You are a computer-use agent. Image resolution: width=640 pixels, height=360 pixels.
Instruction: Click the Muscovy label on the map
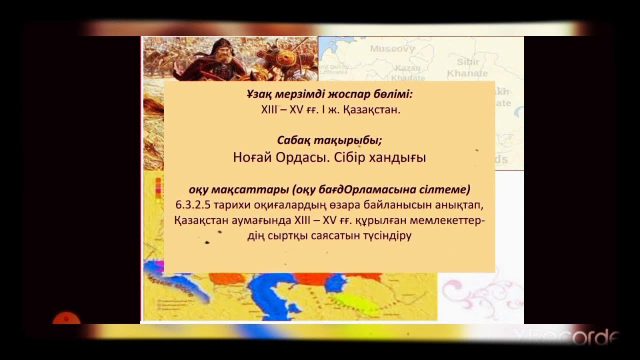tap(392, 49)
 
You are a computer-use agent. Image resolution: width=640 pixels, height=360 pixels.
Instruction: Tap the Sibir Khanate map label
tap(467, 67)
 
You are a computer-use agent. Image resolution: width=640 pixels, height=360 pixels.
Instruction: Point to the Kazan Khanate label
tap(408, 72)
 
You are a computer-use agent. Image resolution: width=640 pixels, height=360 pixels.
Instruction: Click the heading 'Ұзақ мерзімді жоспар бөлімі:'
tap(330, 94)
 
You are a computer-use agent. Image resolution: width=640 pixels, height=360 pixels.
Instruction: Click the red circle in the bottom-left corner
tap(66, 320)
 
